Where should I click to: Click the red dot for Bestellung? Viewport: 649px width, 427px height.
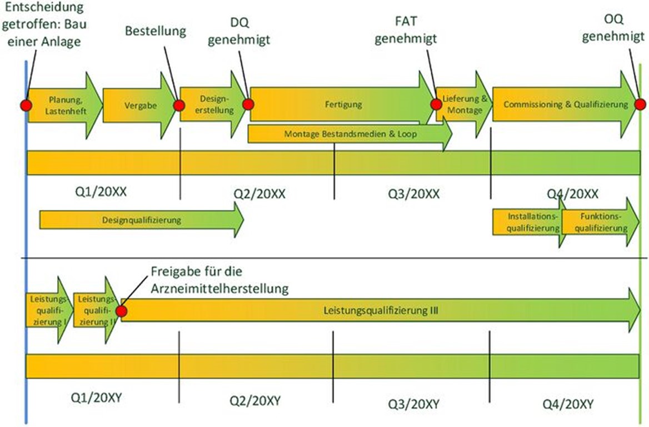(x=179, y=105)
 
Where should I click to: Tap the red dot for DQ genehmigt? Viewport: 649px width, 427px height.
(x=248, y=104)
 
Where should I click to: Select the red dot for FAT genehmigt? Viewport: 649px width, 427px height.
(x=436, y=104)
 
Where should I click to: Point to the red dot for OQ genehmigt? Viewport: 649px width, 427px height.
(x=641, y=104)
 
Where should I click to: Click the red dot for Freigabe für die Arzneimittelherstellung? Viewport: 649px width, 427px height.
(x=121, y=312)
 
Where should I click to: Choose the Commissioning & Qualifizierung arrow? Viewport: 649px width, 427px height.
(x=564, y=104)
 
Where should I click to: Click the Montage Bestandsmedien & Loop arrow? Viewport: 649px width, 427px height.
(x=350, y=134)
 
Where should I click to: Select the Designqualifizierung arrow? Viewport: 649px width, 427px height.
(x=142, y=220)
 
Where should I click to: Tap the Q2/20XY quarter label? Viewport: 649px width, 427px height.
(x=255, y=400)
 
